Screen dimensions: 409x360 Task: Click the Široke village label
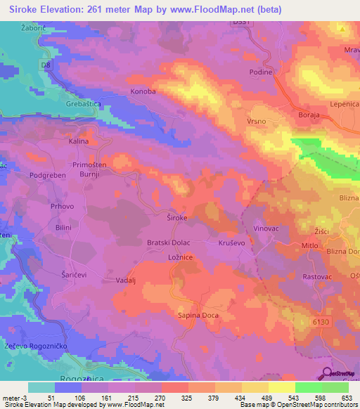(176, 218)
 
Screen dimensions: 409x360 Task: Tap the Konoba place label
(143, 91)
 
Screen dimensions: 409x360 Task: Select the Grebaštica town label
(84, 104)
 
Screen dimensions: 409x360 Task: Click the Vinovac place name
(266, 229)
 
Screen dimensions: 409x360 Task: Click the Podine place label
(261, 72)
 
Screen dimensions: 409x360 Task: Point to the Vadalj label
(125, 280)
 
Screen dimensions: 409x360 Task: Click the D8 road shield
(47, 65)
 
